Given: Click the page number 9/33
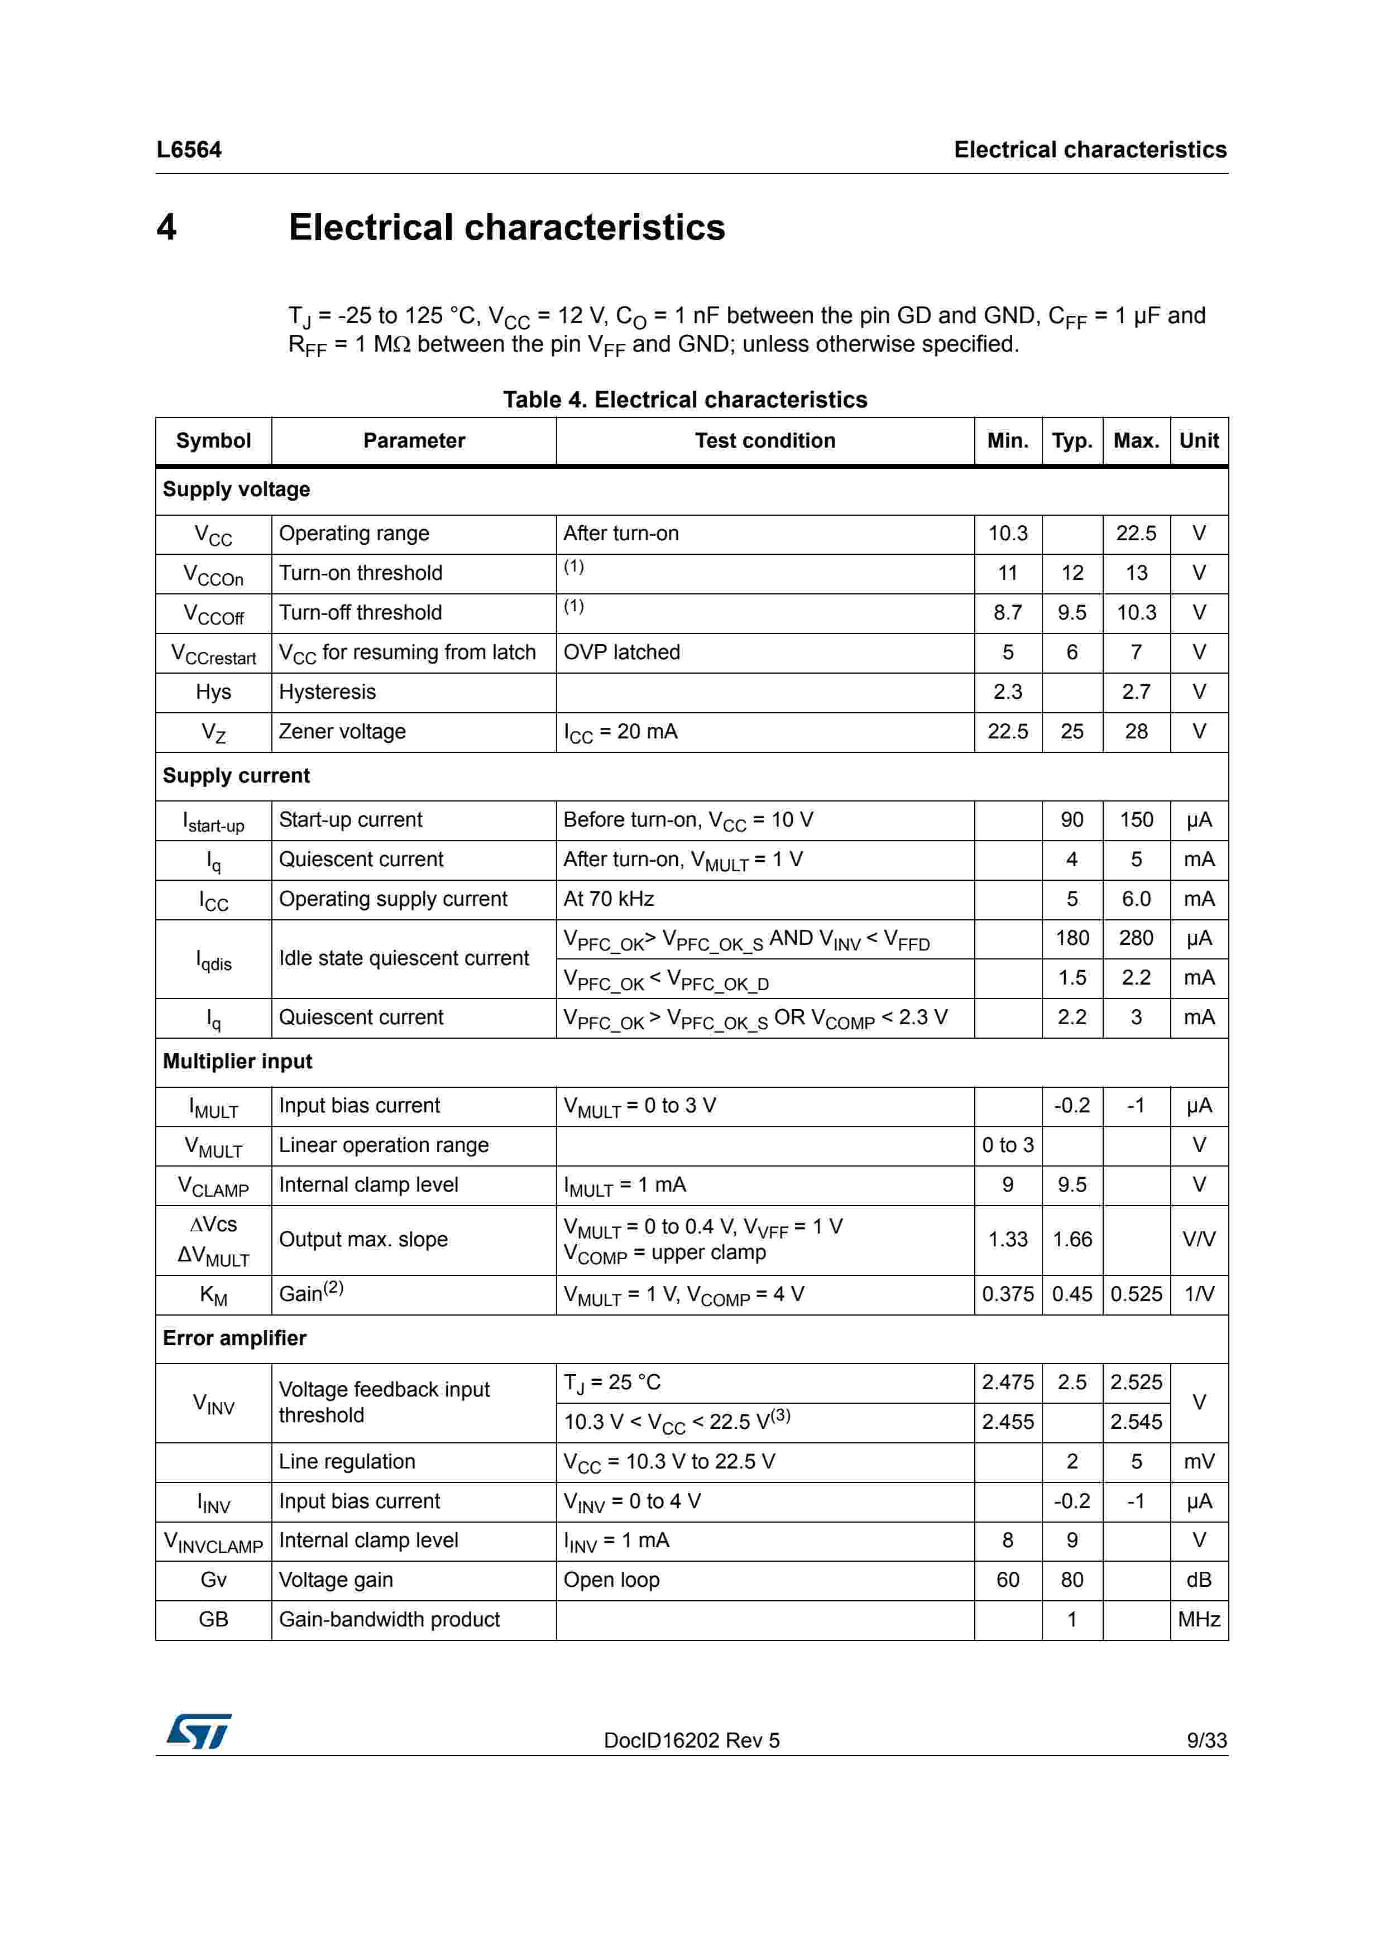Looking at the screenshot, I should (x=1206, y=1740).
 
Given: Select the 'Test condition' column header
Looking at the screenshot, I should (x=764, y=441).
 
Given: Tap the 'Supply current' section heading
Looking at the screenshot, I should (x=236, y=775).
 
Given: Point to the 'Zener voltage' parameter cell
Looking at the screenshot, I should (x=342, y=732).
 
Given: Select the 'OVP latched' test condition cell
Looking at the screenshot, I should (x=621, y=652).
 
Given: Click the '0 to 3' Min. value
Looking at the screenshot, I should (x=1007, y=1145).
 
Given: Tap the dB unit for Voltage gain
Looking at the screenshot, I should (x=1198, y=1580).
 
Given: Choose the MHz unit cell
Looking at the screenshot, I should (x=1198, y=1619).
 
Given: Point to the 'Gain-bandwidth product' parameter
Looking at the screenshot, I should (x=389, y=1619).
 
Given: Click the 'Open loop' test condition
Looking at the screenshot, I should (x=611, y=1580).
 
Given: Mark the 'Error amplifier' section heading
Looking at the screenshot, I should (x=234, y=1338).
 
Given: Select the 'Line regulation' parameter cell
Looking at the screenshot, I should (x=346, y=1462).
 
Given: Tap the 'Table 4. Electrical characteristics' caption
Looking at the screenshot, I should (x=685, y=400).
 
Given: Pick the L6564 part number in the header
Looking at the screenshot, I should (x=189, y=150).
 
